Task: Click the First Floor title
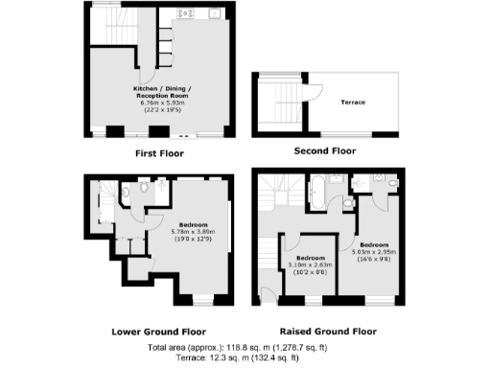coord(158,151)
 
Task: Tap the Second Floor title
coord(323,151)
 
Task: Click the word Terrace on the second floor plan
coord(353,102)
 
